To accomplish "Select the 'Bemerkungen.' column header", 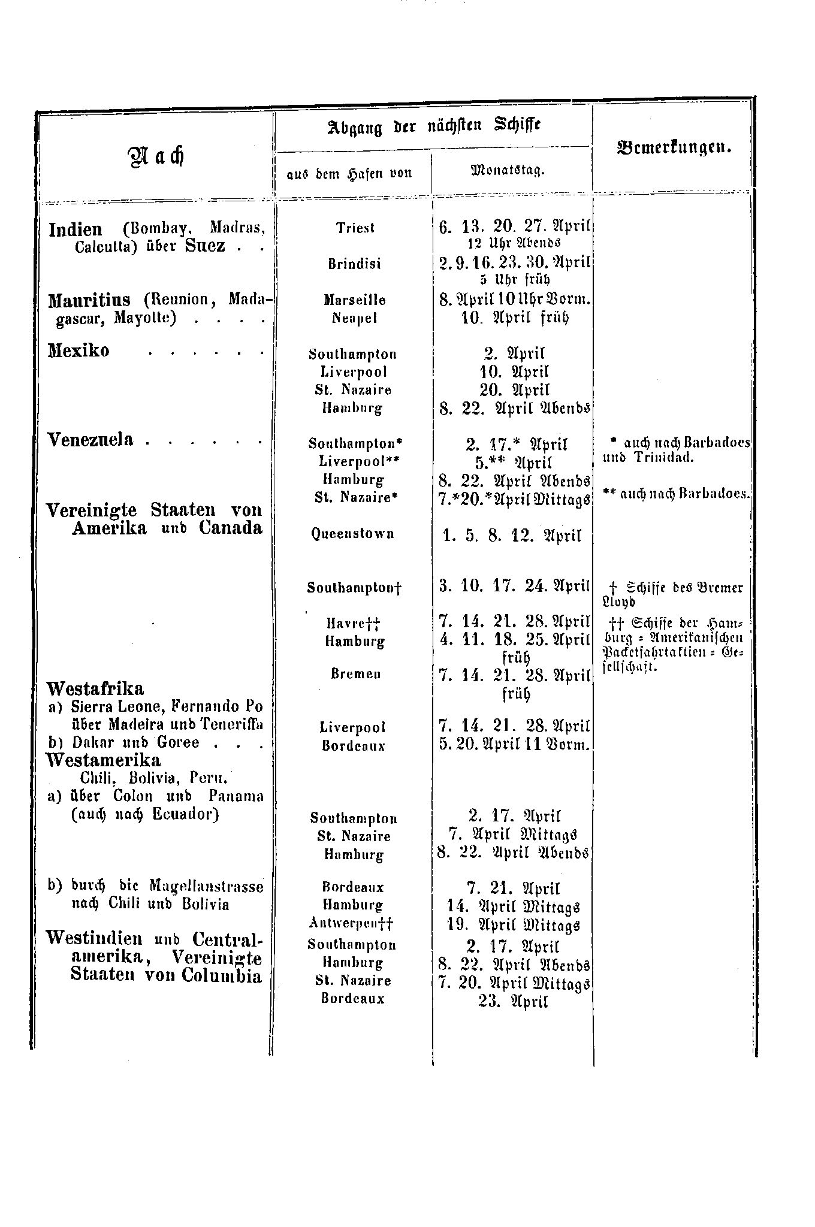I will pos(674,147).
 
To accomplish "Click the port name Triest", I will pos(355,228).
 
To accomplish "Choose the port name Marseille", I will pos(355,300).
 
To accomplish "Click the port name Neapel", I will pos(355,318).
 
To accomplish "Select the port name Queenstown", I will pos(353,534).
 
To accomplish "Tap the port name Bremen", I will pos(356,673).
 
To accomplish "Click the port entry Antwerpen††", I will pos(352,923).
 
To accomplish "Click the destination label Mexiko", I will pos(79,350).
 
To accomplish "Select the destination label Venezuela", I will pos(90,440).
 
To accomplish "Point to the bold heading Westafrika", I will pos(96,687).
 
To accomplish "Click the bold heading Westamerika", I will pos(104,760).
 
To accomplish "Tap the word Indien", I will pos(76,229).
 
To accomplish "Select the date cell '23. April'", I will pos(513,1002).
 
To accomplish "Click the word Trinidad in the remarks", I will pos(663,458).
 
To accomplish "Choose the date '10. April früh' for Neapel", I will pos(514,318).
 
